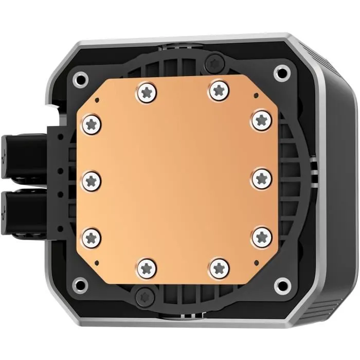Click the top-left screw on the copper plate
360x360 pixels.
(147, 93)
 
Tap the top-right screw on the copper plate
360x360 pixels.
(218, 91)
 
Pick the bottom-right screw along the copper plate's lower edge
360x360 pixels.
(219, 267)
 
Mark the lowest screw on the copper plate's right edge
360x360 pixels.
(262, 237)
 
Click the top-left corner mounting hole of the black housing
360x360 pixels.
(80, 79)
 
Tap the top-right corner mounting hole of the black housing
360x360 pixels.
(281, 73)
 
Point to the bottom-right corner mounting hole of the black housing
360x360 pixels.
(281, 283)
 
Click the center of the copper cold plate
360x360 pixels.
(177, 179)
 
